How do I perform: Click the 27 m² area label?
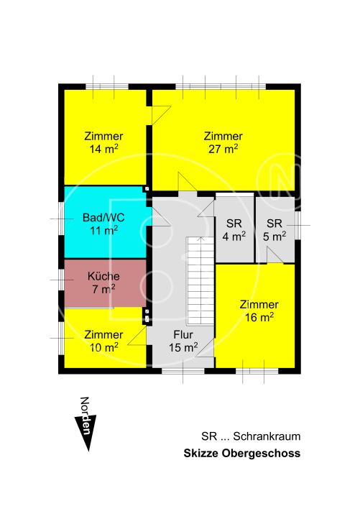click(x=222, y=150)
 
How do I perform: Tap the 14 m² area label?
click(x=103, y=150)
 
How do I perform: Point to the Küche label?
click(x=103, y=275)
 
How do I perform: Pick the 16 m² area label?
click(x=259, y=317)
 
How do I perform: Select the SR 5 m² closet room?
click(x=274, y=229)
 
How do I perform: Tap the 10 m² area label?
click(x=103, y=347)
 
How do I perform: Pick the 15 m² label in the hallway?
click(x=184, y=348)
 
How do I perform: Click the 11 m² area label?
click(x=103, y=231)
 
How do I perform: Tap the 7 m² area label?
click(x=103, y=289)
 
